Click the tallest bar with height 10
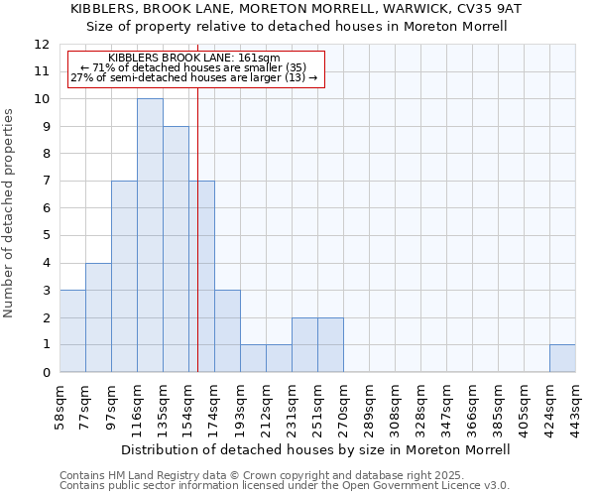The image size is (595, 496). pos(150,235)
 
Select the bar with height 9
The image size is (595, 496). pos(176,249)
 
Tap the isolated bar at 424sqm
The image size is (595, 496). pos(562,358)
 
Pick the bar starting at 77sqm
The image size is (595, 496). pos(98,317)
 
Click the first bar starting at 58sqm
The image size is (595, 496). pos(72,331)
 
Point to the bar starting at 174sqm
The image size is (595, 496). pos(227,331)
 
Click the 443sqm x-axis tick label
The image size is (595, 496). pos(576,407)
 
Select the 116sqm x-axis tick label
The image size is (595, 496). pos(138,407)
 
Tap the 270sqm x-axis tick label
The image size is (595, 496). pos(344,407)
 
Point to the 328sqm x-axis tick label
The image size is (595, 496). pos(421,407)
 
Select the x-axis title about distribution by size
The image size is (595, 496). pos(316,449)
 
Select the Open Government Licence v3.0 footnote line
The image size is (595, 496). pos(285,485)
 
